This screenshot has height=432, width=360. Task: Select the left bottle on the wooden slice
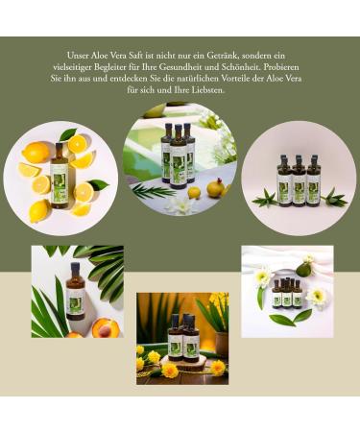(x=175, y=339)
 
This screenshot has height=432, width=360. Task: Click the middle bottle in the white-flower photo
(x=286, y=293)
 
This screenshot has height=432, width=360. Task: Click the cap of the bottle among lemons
(x=58, y=146)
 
